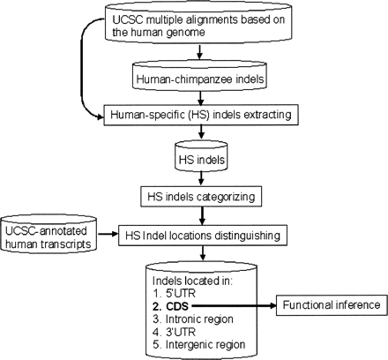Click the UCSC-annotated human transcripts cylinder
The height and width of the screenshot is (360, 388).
pos(46,235)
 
